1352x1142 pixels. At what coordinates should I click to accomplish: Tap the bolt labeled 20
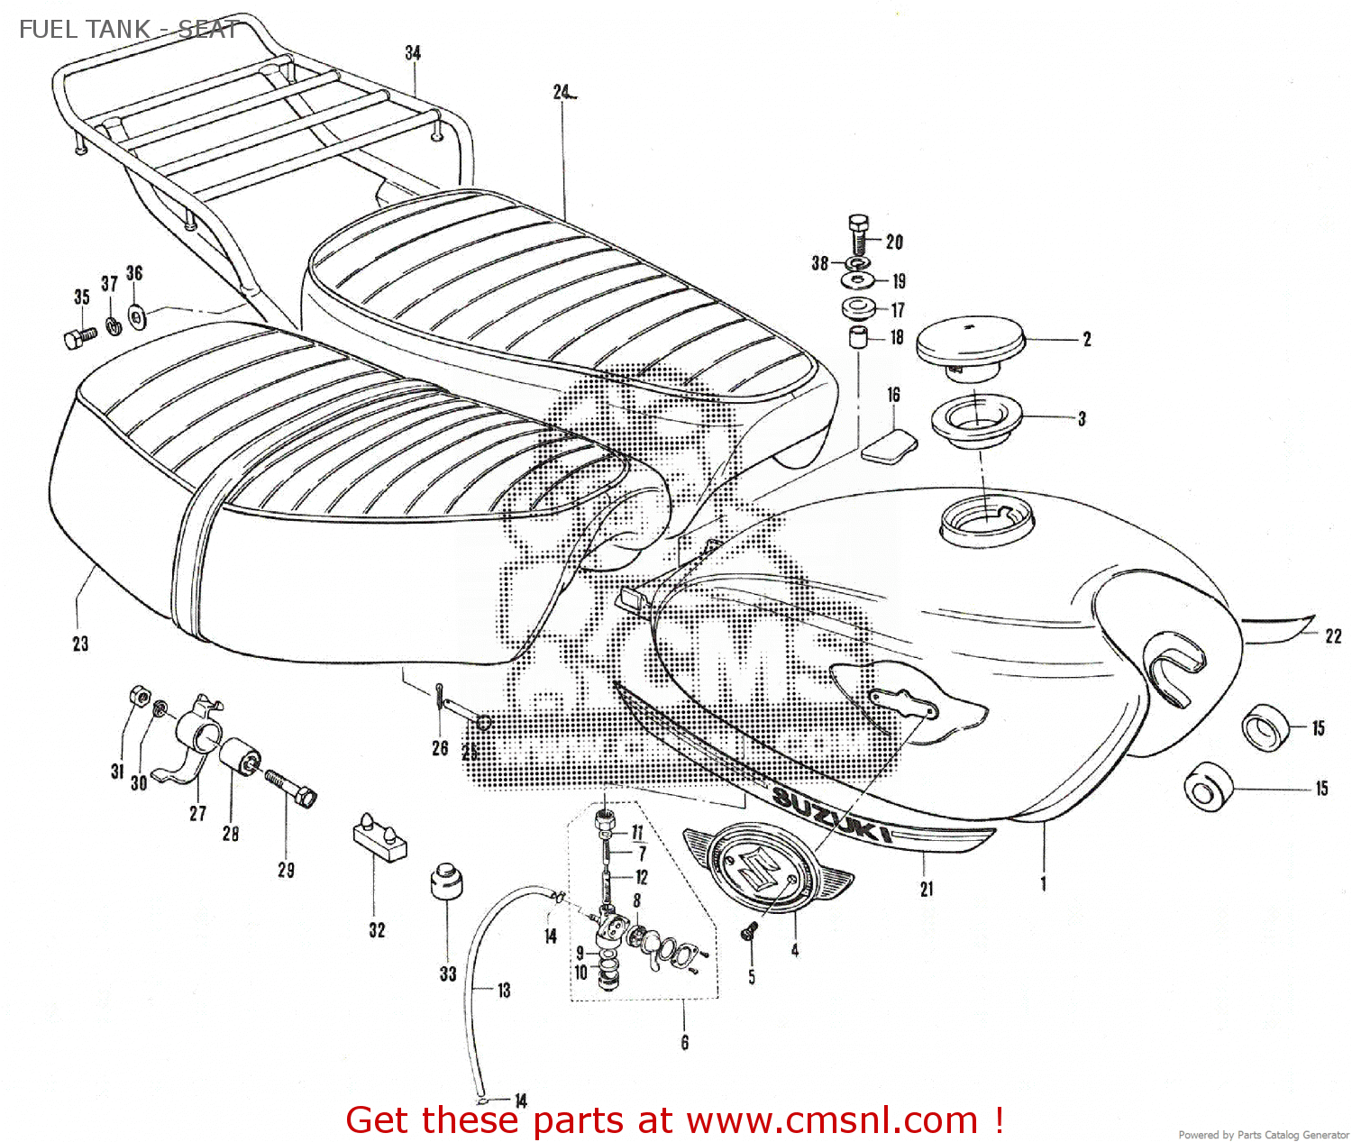pyautogui.click(x=859, y=235)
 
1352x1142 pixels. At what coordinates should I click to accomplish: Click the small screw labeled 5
pyautogui.click(x=747, y=935)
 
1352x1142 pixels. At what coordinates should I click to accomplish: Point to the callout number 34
pyautogui.click(x=413, y=53)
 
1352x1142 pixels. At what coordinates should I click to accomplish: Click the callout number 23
pyautogui.click(x=80, y=644)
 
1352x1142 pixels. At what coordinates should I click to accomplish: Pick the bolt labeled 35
pyautogui.click(x=79, y=337)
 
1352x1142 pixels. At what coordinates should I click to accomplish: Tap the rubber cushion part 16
pyautogui.click(x=890, y=447)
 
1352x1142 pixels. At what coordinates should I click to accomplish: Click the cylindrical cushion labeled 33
pyautogui.click(x=446, y=881)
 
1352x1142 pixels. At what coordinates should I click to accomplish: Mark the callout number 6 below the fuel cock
pyautogui.click(x=685, y=1043)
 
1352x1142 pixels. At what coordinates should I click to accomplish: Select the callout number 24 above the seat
pyautogui.click(x=562, y=92)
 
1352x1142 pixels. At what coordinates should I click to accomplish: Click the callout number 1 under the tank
pyautogui.click(x=1044, y=883)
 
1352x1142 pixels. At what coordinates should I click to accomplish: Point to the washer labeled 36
pyautogui.click(x=137, y=315)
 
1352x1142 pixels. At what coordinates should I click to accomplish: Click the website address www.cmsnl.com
pyautogui.click(x=832, y=1120)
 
